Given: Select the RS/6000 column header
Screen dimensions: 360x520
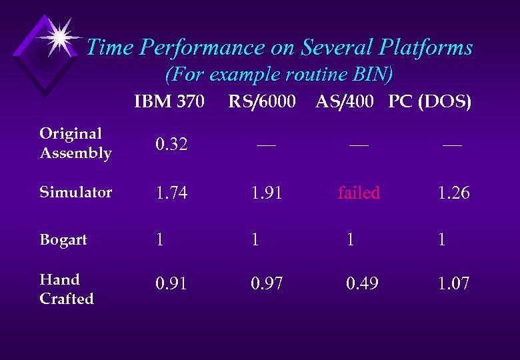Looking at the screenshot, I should click(262, 102).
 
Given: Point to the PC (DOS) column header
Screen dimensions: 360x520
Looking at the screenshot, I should click(430, 102).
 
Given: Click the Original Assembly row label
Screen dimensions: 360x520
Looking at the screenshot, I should click(75, 143).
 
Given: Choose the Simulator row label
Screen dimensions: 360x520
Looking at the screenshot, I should click(75, 193).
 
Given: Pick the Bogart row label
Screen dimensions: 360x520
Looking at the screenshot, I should click(63, 240).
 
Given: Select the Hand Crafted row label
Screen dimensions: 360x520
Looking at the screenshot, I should click(67, 289).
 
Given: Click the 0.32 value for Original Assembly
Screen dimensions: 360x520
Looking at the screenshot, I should click(171, 145).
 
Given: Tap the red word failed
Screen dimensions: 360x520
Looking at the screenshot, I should click(359, 193).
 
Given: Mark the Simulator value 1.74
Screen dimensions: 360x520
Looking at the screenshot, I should click(171, 193).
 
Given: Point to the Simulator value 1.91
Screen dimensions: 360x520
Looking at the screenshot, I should click(267, 193).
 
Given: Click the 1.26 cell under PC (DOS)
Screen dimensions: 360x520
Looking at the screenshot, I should click(453, 193).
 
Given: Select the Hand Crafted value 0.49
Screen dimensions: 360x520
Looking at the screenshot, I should click(362, 284).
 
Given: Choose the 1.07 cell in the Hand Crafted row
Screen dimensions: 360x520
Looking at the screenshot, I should click(453, 284).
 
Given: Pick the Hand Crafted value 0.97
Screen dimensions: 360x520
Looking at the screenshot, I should click(267, 284).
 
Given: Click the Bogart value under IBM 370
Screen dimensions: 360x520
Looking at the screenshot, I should click(159, 240).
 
